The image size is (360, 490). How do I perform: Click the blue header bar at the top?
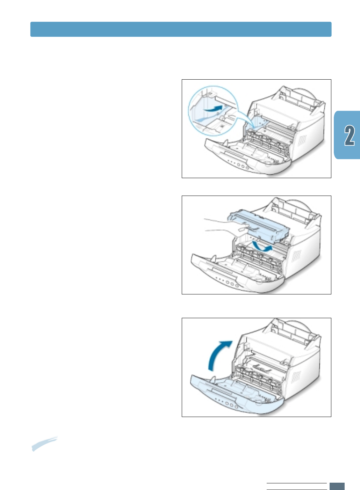coord(181,29)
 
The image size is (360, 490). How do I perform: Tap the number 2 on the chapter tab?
coord(350,136)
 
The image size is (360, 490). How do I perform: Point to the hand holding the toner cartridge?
coord(224,229)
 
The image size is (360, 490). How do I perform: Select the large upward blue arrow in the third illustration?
coord(218,354)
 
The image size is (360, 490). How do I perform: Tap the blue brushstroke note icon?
coord(44,444)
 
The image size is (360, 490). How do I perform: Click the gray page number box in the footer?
coord(337,486)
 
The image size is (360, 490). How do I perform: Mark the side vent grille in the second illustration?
coord(297,257)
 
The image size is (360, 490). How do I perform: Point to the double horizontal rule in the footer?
coord(296,486)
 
